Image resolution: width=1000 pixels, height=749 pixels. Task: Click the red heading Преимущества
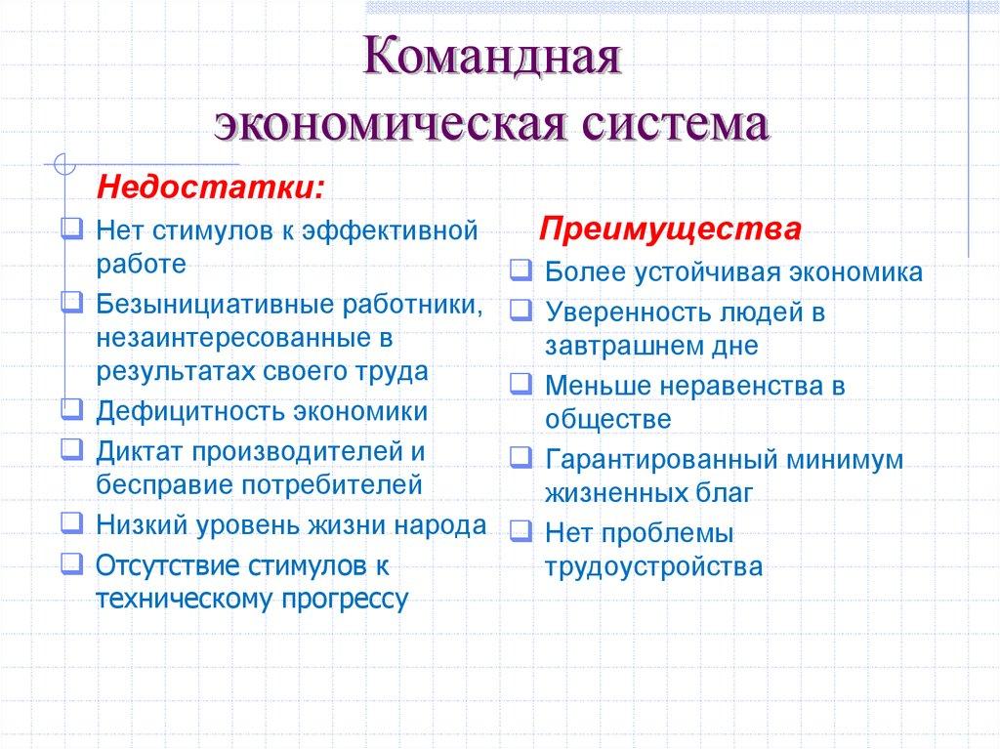(x=672, y=230)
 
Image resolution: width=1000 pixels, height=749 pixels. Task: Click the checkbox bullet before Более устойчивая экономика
(x=521, y=270)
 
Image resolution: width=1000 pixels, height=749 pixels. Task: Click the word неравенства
(x=734, y=385)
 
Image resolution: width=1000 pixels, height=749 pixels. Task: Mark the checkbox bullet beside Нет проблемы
(x=521, y=532)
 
